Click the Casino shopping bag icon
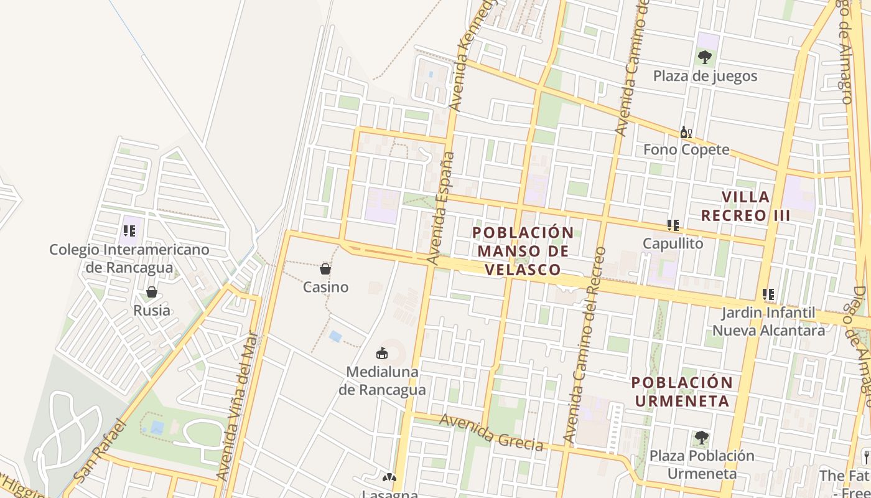pos(325,269)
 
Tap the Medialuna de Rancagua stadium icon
pos(382,354)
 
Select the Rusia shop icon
pos(151,292)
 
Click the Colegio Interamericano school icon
pos(129,232)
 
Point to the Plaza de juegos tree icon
pos(704,57)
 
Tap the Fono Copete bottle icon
pos(686,132)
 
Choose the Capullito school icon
pos(673,225)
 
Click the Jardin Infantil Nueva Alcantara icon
pos(768,294)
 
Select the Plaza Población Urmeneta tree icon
pos(701,438)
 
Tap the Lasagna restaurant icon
pos(389,478)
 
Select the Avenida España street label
pos(440,209)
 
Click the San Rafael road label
pos(100,451)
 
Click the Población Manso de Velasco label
pos(523,251)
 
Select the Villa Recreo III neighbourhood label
pos(745,207)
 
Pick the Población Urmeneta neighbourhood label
pos(682,392)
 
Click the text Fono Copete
pos(686,150)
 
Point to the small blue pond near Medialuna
pos(335,337)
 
